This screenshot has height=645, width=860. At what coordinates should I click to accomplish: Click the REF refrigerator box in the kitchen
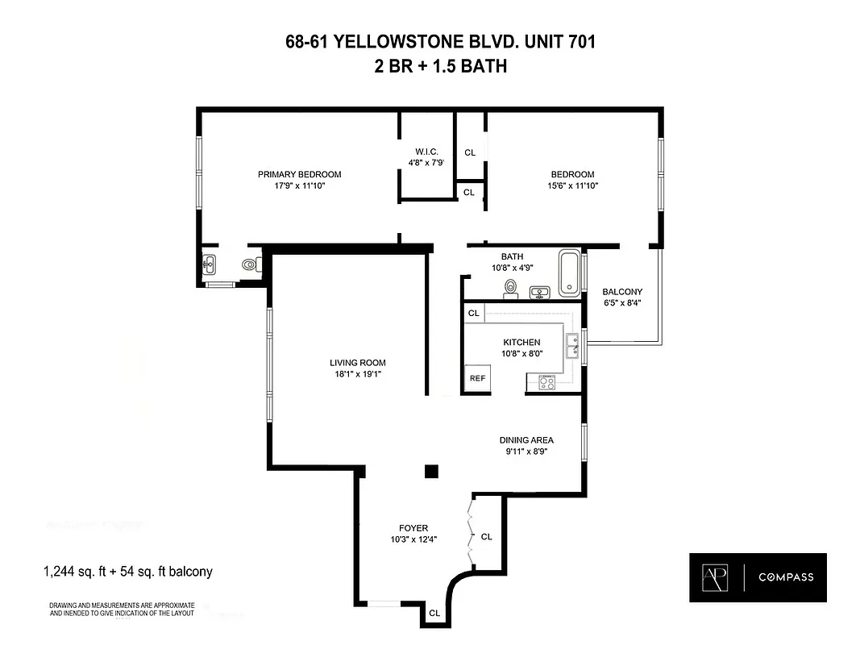pos(476,377)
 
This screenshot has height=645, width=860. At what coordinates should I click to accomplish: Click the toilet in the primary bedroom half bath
pos(249,263)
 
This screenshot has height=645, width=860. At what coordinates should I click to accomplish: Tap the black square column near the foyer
pos(431,471)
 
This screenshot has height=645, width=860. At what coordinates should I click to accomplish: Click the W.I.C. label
pos(426,152)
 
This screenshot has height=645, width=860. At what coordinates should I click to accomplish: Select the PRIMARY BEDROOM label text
pos(299,174)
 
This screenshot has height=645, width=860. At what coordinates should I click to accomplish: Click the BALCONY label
pos(622,292)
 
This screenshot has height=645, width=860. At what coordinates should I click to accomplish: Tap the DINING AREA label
pos(526,440)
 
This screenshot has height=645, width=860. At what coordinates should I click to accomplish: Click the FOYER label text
pos(413,528)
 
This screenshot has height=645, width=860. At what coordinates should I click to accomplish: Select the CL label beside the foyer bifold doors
pos(486,536)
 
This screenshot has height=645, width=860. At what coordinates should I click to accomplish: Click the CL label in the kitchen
pos(474,313)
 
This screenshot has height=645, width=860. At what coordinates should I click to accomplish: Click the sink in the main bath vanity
pos(539,291)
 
